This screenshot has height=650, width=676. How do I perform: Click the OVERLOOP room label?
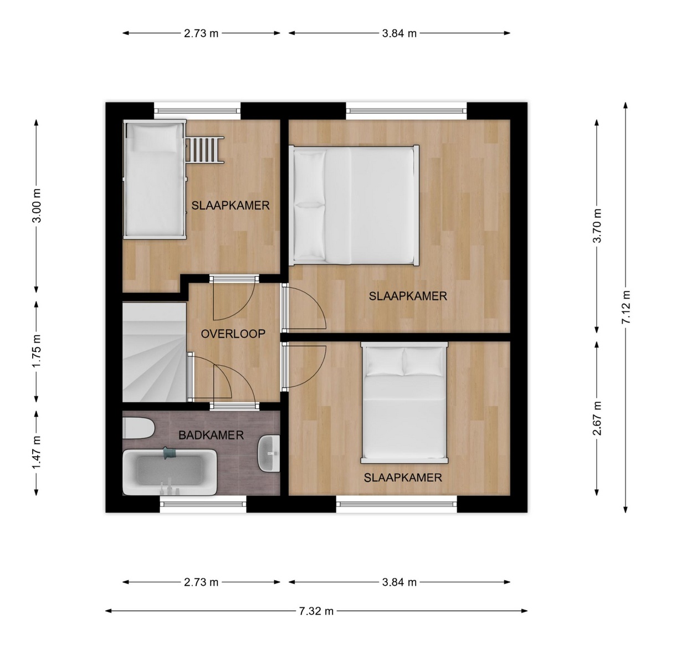(233, 334)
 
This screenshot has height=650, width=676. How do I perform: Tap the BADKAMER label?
(211, 435)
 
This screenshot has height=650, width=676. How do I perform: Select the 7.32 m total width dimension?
(316, 611)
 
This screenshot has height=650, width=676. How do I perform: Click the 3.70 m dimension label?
(597, 226)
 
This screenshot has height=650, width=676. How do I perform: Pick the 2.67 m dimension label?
(597, 418)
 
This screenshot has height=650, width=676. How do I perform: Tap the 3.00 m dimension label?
(37, 206)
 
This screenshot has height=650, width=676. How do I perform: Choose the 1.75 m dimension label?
(37, 350)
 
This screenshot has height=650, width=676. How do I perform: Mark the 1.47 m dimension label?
(37, 451)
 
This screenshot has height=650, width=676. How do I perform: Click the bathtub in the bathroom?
(170, 472)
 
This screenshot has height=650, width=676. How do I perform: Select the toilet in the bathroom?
(139, 428)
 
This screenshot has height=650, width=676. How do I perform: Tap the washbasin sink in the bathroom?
(269, 453)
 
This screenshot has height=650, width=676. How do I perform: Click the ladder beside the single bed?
(204, 150)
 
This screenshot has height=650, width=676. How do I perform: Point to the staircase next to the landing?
(155, 352)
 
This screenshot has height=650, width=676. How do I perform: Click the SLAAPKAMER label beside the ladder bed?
(231, 206)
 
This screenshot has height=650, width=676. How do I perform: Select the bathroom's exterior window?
(203, 504)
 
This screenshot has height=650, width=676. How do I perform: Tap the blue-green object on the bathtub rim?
(170, 453)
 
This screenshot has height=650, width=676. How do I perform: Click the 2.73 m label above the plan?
(201, 33)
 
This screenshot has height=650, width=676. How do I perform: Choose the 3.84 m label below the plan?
(399, 582)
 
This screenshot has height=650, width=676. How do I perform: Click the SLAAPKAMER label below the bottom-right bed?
(403, 478)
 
